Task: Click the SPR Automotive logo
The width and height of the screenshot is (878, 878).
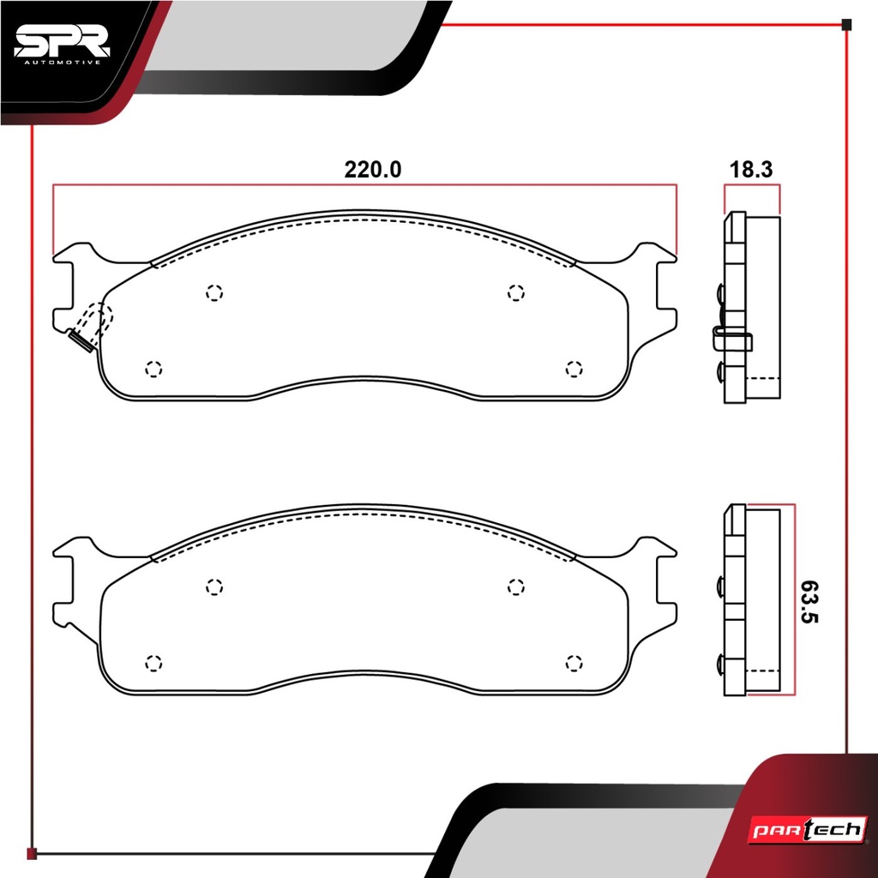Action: pos(62,45)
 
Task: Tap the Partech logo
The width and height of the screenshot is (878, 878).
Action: pos(808,829)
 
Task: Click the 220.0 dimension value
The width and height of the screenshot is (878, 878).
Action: pos(372,170)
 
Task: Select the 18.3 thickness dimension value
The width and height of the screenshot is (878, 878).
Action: pos(751,170)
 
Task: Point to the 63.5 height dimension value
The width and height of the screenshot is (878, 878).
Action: pos(809,601)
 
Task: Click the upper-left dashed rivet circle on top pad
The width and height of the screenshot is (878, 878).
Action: pos(214,293)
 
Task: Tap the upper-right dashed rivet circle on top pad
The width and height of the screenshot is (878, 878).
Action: pos(515,292)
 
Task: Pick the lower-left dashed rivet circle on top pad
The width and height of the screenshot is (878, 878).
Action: pos(153,369)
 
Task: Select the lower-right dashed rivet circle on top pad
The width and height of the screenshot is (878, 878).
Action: pos(574,369)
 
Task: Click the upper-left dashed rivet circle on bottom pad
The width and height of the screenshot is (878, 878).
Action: pos(214,586)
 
